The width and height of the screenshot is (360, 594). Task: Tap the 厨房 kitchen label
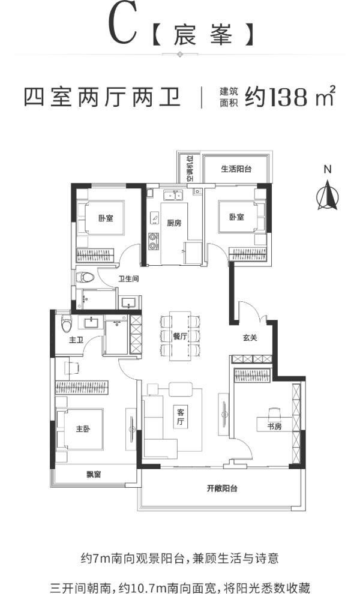click(x=175, y=223)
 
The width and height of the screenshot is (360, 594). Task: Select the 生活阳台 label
click(x=236, y=169)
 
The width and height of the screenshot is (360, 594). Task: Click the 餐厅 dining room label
click(x=180, y=335)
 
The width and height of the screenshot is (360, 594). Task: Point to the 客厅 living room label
click(x=181, y=417)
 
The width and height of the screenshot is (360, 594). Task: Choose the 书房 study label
click(x=274, y=427)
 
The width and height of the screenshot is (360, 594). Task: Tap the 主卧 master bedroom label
click(x=83, y=429)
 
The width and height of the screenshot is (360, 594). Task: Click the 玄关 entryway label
click(x=250, y=338)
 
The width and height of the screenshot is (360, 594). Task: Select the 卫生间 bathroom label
click(x=128, y=279)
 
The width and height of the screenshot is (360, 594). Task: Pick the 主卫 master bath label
click(x=76, y=340)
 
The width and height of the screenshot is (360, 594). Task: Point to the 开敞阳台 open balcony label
click(x=222, y=488)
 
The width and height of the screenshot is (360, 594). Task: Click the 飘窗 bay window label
click(x=94, y=474)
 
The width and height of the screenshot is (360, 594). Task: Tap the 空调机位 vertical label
click(x=190, y=168)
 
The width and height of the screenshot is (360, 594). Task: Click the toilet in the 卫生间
click(x=85, y=277)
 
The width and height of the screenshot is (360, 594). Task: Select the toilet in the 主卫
click(x=67, y=322)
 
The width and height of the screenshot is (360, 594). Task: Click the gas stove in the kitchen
click(x=153, y=241)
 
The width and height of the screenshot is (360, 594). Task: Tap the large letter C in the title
click(x=123, y=26)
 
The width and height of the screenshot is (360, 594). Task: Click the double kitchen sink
click(x=173, y=196)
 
